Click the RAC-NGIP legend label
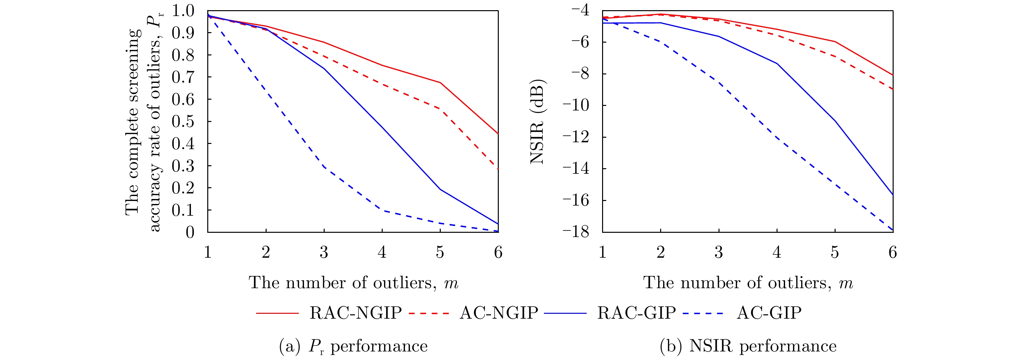355,313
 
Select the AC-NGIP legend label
498,313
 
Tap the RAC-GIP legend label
637,313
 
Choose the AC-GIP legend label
769,313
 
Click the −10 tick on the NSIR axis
576,106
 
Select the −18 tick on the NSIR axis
576,232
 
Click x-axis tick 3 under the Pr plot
324,252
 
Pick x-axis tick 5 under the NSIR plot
835,252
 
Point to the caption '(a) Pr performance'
353,346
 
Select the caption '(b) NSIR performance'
748,346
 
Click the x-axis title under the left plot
353,283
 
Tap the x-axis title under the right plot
748,283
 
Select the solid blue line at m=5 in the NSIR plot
835,121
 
